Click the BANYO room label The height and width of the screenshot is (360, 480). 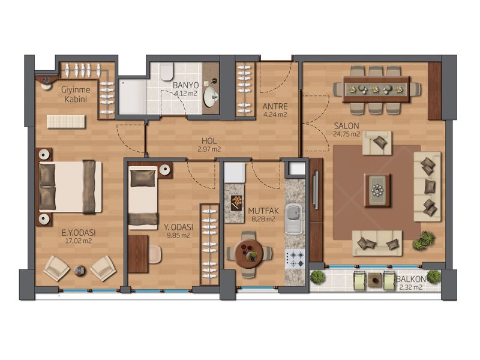[185, 85]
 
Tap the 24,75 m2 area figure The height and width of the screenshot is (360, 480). [346, 134]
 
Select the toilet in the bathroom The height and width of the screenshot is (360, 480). [166, 72]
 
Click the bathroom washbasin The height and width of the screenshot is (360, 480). [211, 97]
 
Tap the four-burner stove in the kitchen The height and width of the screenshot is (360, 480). [295, 259]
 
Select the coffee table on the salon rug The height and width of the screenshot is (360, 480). [377, 190]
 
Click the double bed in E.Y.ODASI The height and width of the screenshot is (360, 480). [70, 187]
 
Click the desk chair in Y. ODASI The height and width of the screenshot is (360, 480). [155, 254]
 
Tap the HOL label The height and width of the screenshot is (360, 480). [209, 141]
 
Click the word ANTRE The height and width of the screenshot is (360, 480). [275, 107]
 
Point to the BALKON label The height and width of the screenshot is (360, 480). [410, 279]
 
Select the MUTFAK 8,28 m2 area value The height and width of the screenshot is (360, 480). [263, 219]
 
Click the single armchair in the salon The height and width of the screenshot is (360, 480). [377, 143]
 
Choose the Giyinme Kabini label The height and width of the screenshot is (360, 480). [76, 95]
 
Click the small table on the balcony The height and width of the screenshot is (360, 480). [374, 279]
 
